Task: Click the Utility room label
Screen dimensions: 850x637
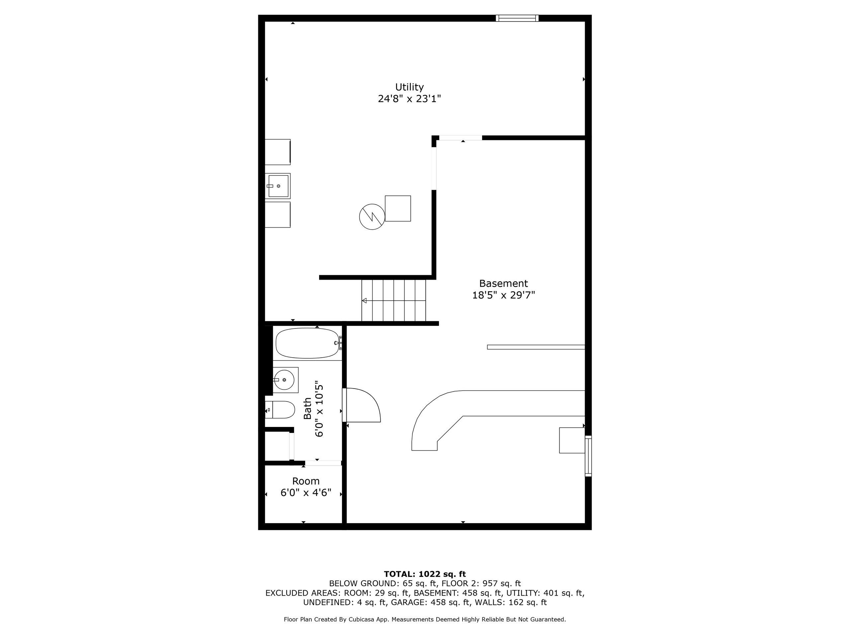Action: pyautogui.click(x=409, y=88)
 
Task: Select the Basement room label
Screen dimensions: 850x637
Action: pyautogui.click(x=503, y=283)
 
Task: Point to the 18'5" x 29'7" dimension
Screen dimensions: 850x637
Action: pyautogui.click(x=503, y=295)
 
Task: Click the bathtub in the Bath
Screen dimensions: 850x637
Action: pyautogui.click(x=307, y=343)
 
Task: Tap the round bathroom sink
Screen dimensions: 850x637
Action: pyautogui.click(x=284, y=380)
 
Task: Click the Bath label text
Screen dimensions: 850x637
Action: pyautogui.click(x=308, y=408)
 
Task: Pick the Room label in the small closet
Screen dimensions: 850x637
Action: pyautogui.click(x=306, y=481)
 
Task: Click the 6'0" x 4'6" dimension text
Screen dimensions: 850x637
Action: pyautogui.click(x=306, y=493)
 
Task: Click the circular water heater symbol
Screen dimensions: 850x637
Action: pyautogui.click(x=372, y=217)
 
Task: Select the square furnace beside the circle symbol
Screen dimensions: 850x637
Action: pyautogui.click(x=398, y=208)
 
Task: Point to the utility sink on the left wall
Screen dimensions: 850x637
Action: pyautogui.click(x=278, y=186)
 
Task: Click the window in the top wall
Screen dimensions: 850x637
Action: pyautogui.click(x=517, y=18)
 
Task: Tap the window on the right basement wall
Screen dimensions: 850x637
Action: pyautogui.click(x=588, y=456)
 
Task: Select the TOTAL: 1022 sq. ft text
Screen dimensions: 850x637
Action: pyautogui.click(x=425, y=574)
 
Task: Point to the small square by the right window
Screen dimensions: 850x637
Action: pyautogui.click(x=572, y=440)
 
